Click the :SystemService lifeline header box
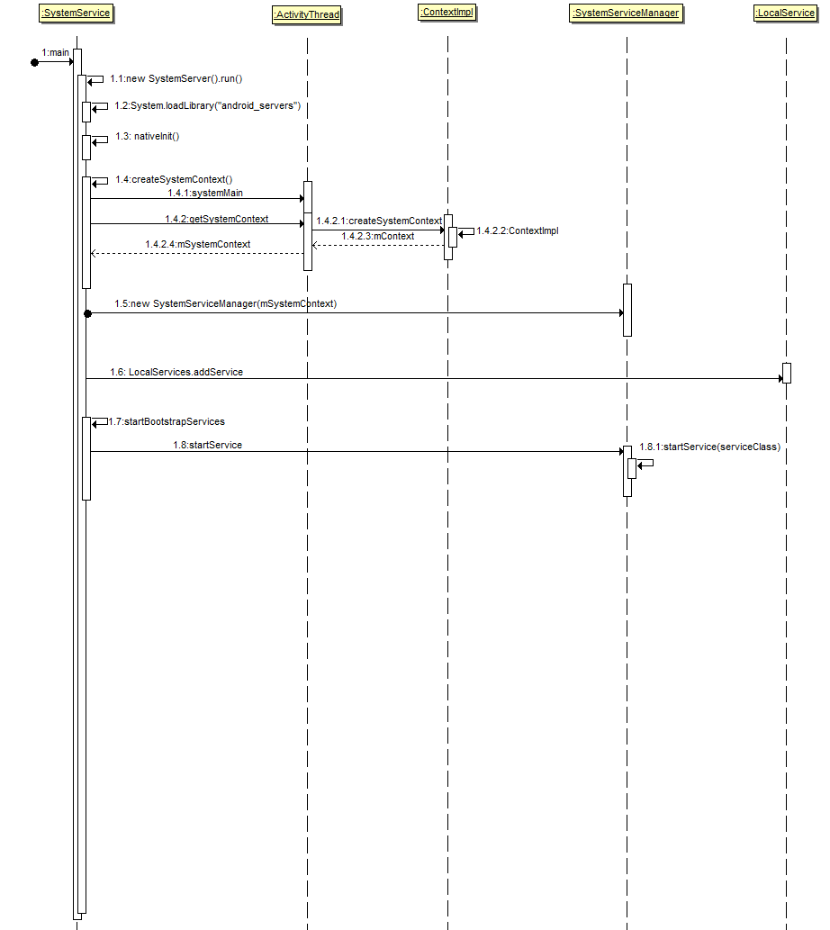(x=76, y=13)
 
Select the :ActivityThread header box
(x=306, y=14)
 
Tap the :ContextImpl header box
(x=447, y=12)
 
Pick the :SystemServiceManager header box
(x=626, y=13)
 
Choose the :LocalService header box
(x=785, y=13)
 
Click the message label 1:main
(x=56, y=52)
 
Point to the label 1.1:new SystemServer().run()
(x=176, y=79)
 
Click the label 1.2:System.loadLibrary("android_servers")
(x=207, y=106)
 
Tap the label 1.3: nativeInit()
(x=148, y=136)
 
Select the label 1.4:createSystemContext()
(x=174, y=179)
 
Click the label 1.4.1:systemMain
(x=205, y=193)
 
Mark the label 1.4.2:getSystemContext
(x=216, y=219)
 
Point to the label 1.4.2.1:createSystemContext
(x=379, y=221)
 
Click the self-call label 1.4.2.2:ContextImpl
(x=518, y=230)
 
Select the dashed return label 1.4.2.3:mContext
(x=378, y=236)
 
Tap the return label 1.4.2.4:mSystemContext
(x=198, y=244)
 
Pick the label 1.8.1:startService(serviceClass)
(x=709, y=447)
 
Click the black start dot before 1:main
(x=35, y=62)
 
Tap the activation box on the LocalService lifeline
(x=787, y=373)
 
